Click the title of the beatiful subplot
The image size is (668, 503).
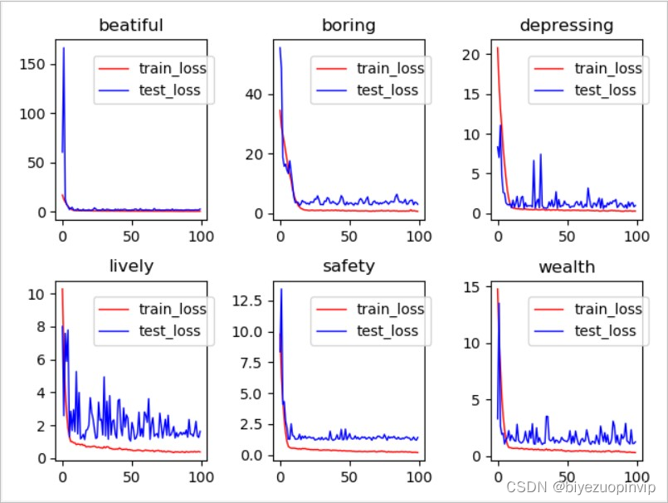[x=130, y=25]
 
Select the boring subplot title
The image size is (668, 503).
[x=349, y=25]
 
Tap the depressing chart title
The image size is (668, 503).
[x=566, y=25]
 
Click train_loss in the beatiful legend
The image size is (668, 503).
[x=172, y=68]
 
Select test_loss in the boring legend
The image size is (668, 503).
[x=388, y=90]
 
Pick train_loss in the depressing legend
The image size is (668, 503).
[x=607, y=68]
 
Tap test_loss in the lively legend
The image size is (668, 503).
[x=172, y=330]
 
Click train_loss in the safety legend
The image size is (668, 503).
[x=388, y=309]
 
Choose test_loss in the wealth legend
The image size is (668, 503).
[x=607, y=330]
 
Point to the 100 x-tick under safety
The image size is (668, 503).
[x=418, y=477]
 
